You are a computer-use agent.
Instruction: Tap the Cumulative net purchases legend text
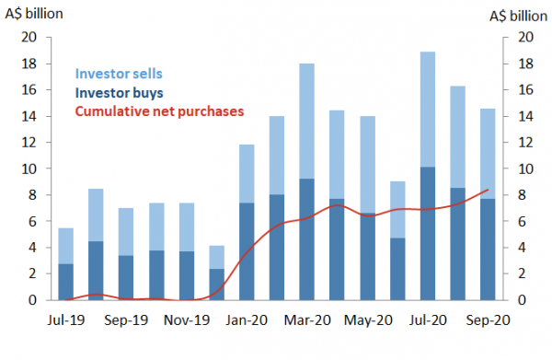tap(159, 110)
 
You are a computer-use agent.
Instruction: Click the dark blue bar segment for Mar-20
tap(308, 239)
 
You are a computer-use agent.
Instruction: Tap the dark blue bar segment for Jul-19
tap(65, 282)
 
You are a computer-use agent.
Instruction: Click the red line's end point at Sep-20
tap(488, 190)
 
